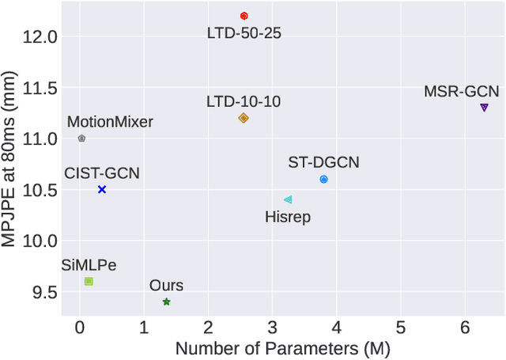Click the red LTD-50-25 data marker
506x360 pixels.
pos(244,16)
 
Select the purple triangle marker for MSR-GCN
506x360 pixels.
pos(484,108)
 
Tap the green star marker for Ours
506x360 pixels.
pos(166,302)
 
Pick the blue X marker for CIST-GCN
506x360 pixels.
pos(101,190)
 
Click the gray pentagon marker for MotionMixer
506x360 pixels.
pos(81,138)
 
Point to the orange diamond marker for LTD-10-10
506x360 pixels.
pos(244,118)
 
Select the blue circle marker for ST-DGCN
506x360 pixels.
pos(323,180)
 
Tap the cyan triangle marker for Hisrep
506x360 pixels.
pos(288,199)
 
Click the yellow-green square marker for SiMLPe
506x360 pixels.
pos(89,282)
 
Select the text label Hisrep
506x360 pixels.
pos(287,216)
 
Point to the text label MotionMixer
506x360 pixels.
pos(110,122)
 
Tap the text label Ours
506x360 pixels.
pos(166,286)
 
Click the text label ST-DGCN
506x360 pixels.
pos(323,162)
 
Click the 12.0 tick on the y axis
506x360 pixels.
pos(40,36)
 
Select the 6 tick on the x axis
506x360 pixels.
pos(464,327)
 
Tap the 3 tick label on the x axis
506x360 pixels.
pos(272,327)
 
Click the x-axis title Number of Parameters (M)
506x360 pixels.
pos(282,348)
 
